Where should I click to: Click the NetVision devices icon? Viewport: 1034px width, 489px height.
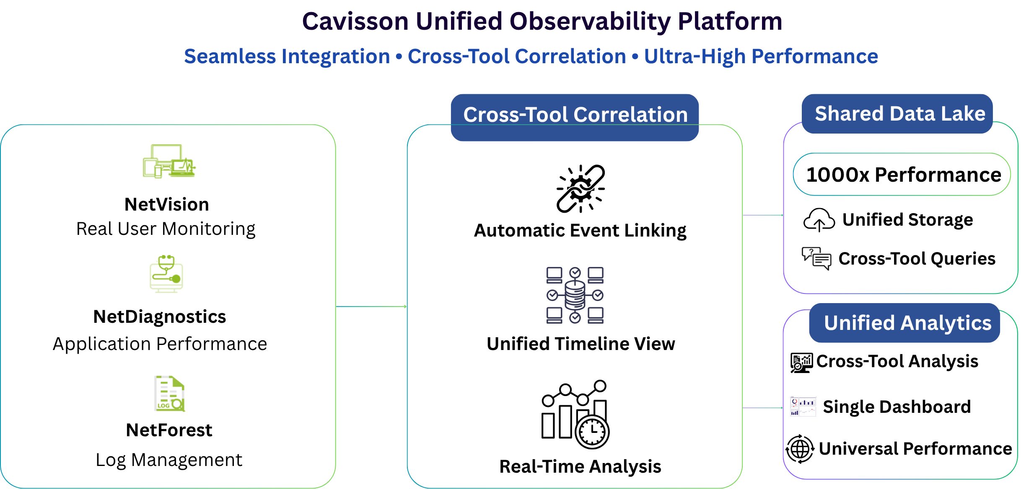(169, 161)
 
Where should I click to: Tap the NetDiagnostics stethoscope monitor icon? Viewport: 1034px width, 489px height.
(166, 274)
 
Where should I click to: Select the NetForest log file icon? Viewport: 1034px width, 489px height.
(169, 394)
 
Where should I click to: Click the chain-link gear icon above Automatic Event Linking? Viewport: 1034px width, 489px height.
(580, 189)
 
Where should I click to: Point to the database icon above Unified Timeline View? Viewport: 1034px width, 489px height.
(575, 295)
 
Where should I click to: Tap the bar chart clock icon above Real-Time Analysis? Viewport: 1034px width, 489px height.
(575, 414)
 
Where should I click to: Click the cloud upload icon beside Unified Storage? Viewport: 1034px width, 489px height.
(819, 220)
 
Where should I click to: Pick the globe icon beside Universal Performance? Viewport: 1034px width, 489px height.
(800, 449)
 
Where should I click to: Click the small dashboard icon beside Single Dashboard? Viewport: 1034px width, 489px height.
(803, 406)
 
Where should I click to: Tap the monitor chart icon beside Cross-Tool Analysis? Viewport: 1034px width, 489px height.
(801, 363)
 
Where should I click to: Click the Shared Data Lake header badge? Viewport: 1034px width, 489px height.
(897, 114)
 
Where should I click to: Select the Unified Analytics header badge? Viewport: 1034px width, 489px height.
(904, 323)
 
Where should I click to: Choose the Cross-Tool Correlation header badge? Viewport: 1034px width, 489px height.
(575, 117)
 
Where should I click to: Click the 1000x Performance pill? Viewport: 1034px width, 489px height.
(902, 174)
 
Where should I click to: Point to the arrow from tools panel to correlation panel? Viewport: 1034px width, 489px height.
(371, 306)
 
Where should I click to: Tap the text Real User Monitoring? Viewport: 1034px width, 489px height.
(166, 229)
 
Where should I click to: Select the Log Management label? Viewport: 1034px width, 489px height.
(169, 460)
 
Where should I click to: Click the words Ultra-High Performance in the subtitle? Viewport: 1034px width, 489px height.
(761, 57)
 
